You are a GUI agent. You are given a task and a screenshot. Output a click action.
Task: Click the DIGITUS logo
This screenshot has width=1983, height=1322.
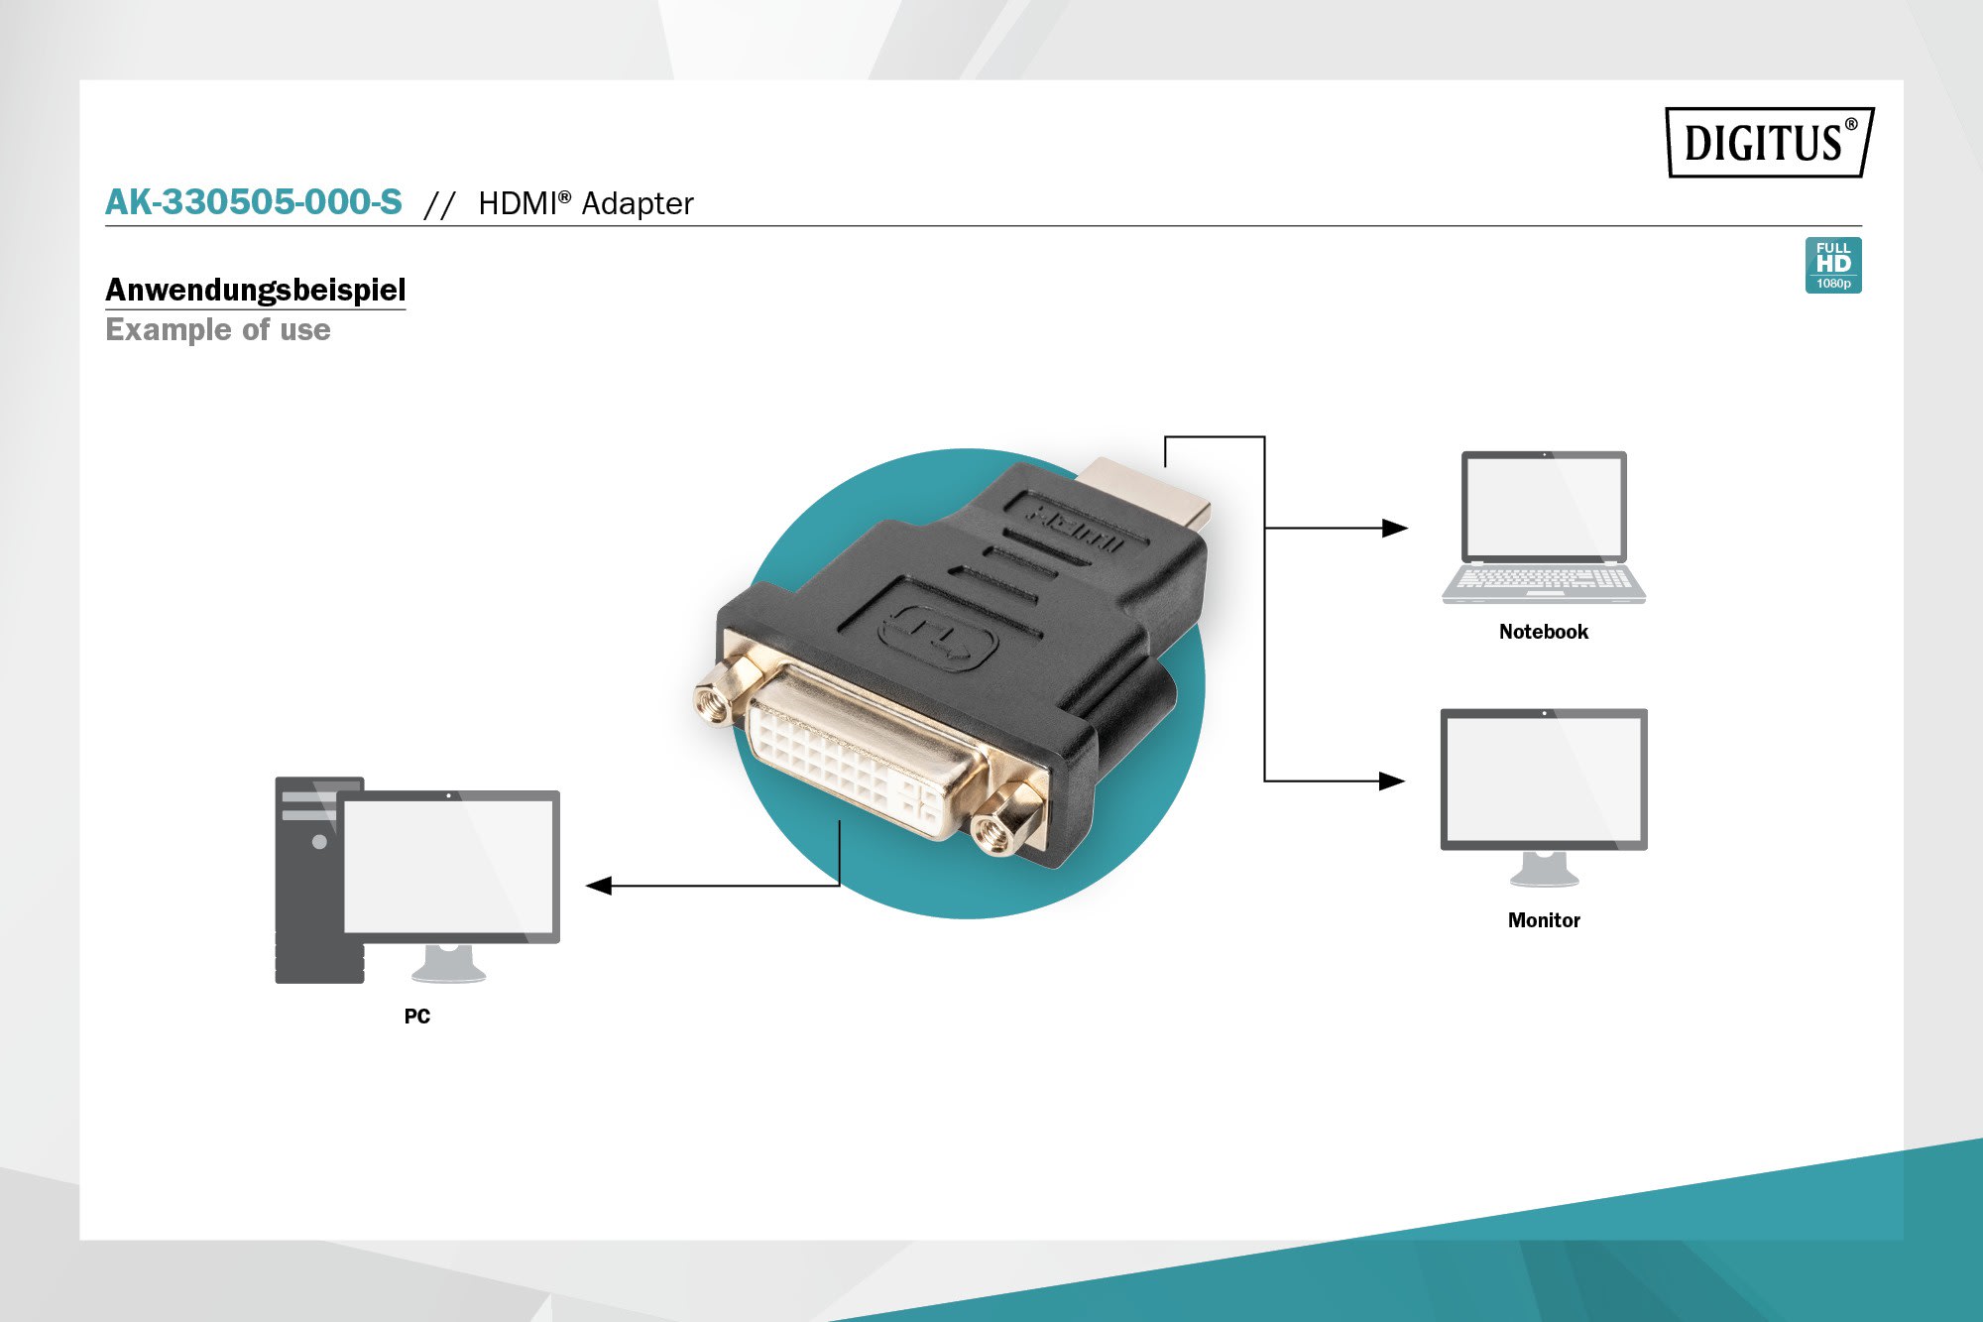point(1769,143)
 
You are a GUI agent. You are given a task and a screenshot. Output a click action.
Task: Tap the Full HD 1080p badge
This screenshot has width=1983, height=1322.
point(1832,265)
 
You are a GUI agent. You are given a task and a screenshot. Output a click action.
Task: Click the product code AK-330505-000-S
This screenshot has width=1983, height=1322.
point(254,202)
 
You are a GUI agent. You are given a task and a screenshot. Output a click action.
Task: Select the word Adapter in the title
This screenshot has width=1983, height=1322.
point(637,203)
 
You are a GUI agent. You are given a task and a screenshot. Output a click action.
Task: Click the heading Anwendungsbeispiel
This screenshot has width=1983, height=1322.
point(255,290)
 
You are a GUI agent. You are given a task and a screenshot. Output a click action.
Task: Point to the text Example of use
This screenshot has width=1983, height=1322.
point(218,329)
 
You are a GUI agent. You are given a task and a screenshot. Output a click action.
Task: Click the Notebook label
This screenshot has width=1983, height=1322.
point(1543,632)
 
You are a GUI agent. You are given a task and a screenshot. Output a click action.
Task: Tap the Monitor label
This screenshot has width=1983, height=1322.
point(1543,920)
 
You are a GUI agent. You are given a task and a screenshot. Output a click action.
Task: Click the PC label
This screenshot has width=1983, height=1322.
point(416,1016)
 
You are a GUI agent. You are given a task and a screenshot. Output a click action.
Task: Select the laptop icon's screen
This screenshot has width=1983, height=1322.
point(1543,507)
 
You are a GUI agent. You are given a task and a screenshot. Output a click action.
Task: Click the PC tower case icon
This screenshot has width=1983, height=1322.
point(307,883)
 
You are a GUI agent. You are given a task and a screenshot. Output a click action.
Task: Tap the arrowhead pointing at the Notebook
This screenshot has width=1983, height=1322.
point(1394,529)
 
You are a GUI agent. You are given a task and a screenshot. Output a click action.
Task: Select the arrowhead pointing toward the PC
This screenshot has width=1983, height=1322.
point(599,886)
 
